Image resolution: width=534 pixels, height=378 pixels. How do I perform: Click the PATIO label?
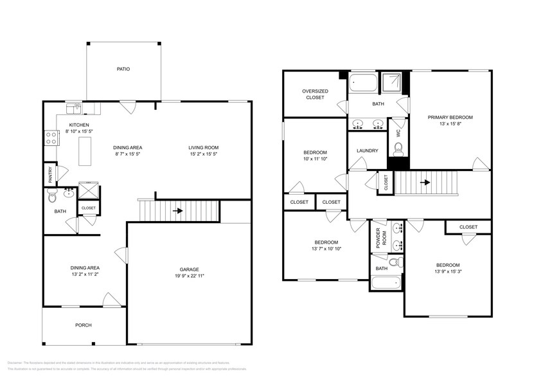coord(123,69)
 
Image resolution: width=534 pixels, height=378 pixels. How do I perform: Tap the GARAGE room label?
coord(189,269)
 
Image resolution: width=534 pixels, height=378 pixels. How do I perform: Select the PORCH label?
coord(83,325)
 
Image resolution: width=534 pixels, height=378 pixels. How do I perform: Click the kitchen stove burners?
coord(50,136)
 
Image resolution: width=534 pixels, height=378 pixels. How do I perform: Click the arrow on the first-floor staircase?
coord(177,210)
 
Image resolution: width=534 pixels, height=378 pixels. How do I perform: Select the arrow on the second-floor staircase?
coord(424,182)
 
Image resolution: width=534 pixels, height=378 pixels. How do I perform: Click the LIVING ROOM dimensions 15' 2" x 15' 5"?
coord(203,154)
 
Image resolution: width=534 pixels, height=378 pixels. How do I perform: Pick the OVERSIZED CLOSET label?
coord(315,94)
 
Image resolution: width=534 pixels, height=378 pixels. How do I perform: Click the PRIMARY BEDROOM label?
coord(450,117)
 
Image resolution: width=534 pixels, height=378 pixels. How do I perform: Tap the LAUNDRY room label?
coord(367,151)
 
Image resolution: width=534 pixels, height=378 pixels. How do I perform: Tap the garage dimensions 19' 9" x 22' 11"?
coord(189,276)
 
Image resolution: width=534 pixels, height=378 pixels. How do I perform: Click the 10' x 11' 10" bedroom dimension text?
coord(315,159)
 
